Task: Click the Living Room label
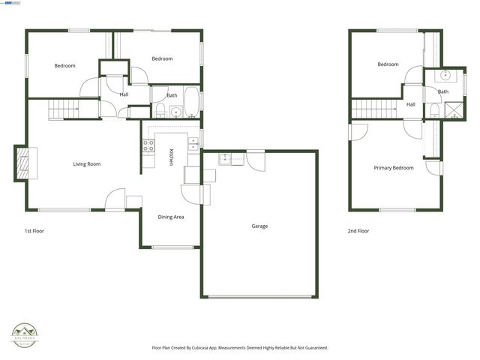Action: [x=87, y=164]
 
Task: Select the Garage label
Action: [x=259, y=226]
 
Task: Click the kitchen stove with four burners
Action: [x=148, y=145]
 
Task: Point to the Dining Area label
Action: [x=171, y=217]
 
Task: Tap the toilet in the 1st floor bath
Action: [x=160, y=112]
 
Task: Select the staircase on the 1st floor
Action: [x=64, y=111]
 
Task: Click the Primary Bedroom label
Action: [x=394, y=168]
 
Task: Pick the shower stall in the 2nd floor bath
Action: [x=454, y=112]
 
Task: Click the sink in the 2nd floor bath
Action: [x=445, y=76]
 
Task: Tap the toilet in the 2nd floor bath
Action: [x=435, y=112]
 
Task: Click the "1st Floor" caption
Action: [x=34, y=231]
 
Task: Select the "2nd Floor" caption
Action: [x=358, y=231]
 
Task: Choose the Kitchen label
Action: [x=172, y=157]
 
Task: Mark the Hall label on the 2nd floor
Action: [x=411, y=105]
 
